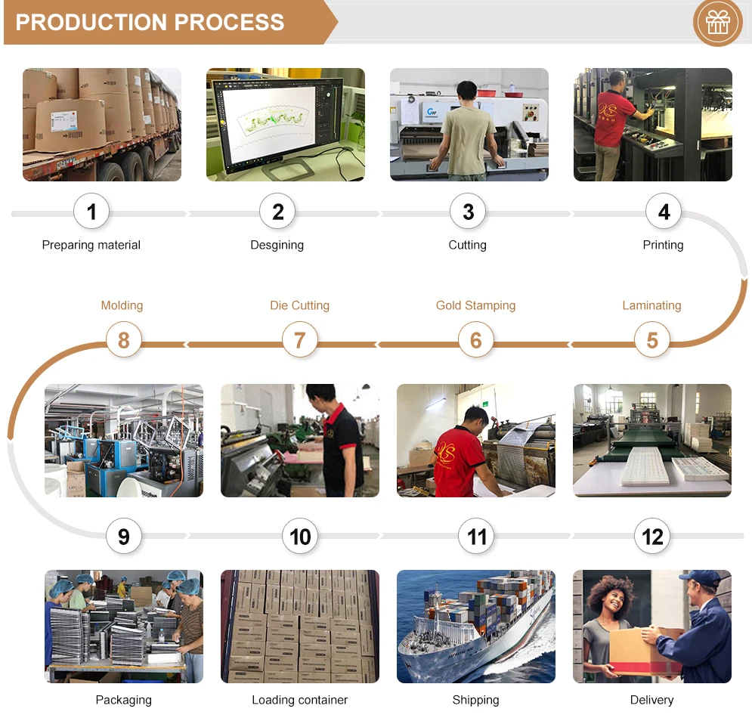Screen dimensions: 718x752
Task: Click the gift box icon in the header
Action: (x=717, y=22)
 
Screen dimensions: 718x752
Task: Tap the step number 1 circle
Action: (x=91, y=212)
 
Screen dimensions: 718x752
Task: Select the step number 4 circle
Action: (x=664, y=212)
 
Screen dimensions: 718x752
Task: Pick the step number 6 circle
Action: (x=475, y=340)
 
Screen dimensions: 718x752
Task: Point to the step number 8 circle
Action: (x=123, y=340)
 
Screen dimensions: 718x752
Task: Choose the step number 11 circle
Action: (x=476, y=537)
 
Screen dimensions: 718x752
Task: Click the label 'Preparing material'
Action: (x=91, y=245)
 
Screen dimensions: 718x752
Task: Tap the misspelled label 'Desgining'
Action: (x=277, y=245)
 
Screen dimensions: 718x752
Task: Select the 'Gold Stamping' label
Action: (x=475, y=305)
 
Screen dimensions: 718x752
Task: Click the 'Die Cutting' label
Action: (x=299, y=305)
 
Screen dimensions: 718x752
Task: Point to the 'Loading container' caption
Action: (x=299, y=700)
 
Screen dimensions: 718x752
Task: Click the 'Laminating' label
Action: (x=651, y=305)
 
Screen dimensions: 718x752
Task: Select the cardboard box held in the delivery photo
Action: (x=639, y=650)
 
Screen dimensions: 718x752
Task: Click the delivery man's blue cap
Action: (x=701, y=578)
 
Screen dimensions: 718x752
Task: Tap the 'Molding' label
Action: (x=122, y=305)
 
